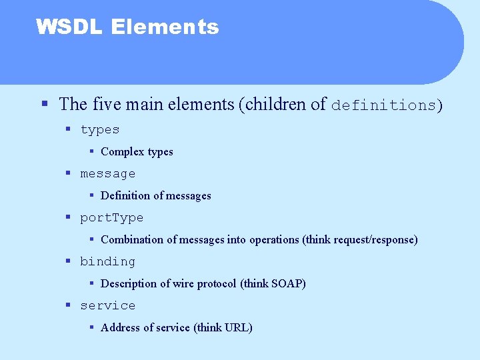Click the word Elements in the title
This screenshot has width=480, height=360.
(165, 27)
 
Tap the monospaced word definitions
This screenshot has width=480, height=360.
(385, 105)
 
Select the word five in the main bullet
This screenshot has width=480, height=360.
(107, 105)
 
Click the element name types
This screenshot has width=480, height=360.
(100, 129)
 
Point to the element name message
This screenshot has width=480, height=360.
(107, 173)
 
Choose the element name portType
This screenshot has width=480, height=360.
(111, 217)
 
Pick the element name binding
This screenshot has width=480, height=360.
(107, 261)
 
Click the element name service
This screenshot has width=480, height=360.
(107, 305)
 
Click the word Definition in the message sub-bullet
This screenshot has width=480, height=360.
(125, 196)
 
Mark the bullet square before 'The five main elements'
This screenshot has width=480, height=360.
(44, 105)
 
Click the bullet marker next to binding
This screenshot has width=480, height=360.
(68, 261)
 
